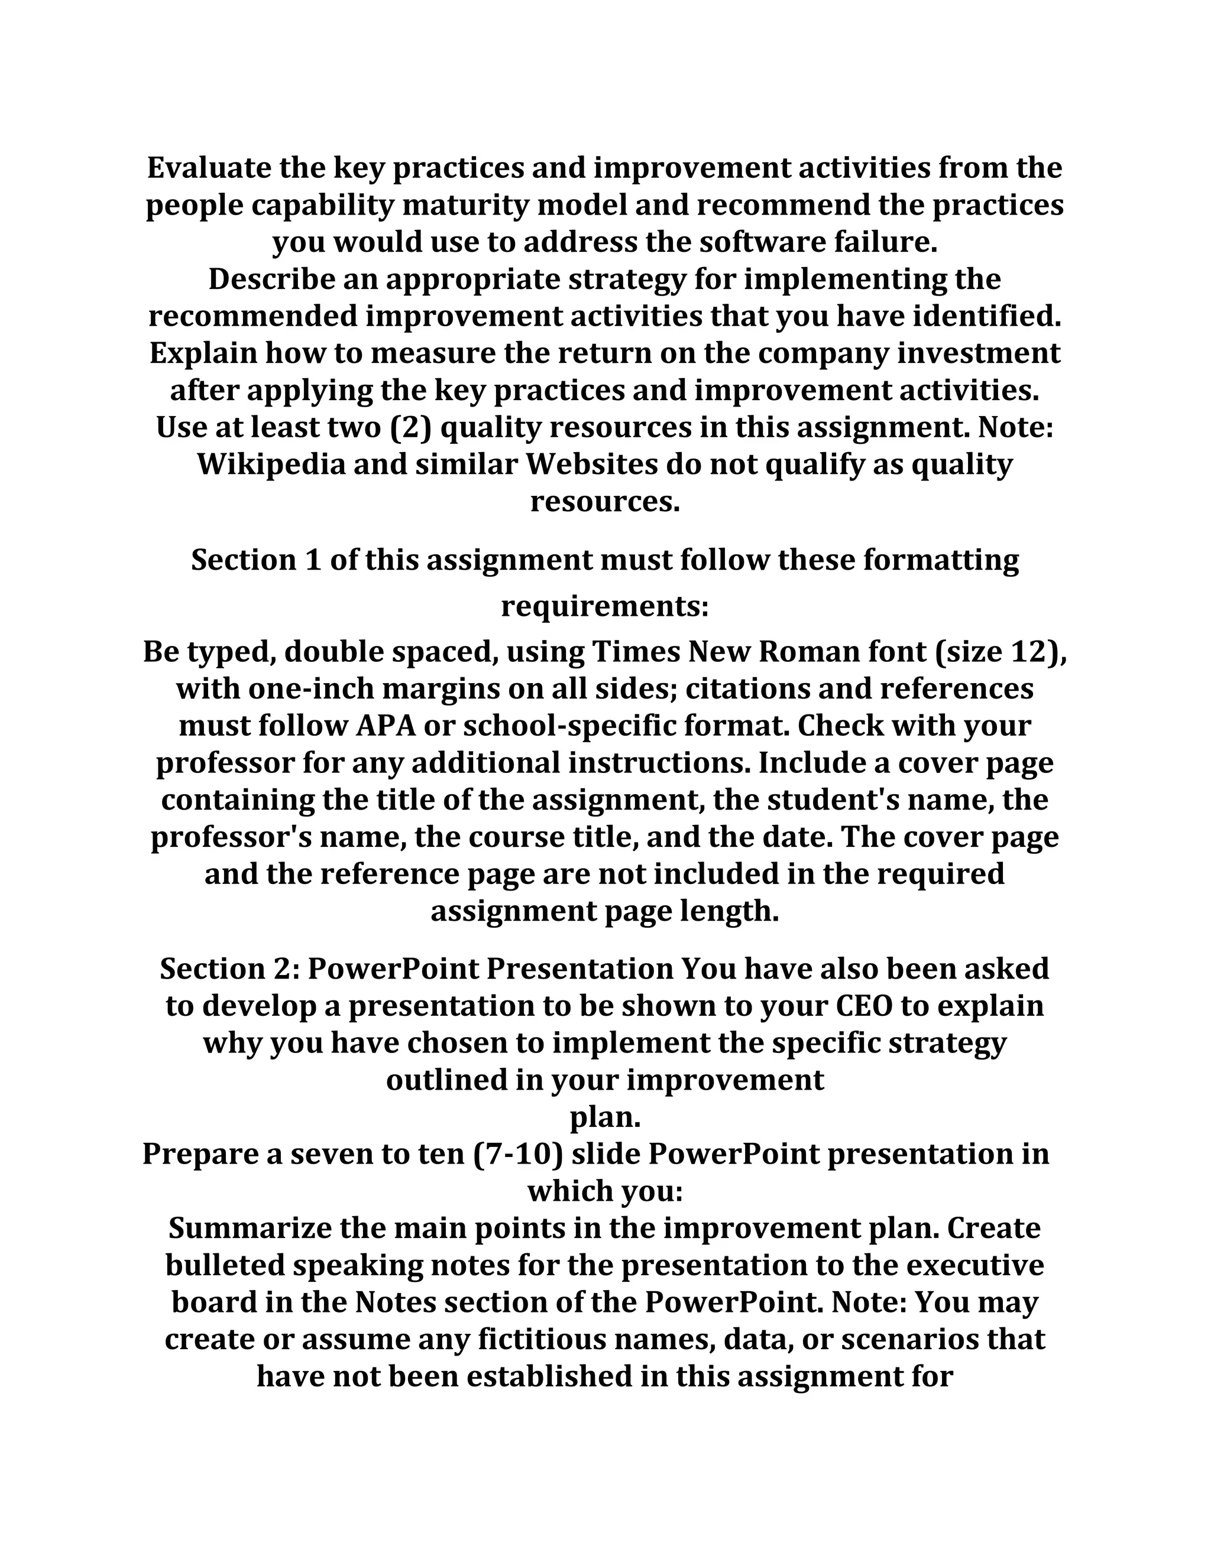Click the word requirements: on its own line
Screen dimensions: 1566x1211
605,607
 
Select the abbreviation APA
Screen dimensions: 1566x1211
386,726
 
